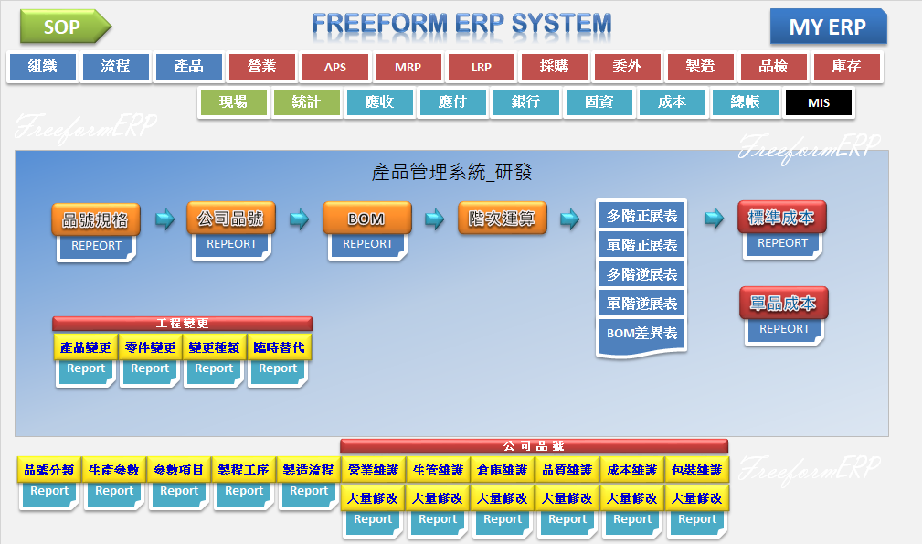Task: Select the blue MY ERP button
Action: (x=827, y=27)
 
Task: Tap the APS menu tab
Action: (x=335, y=68)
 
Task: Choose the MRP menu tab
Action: (x=408, y=68)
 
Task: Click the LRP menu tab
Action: (x=482, y=68)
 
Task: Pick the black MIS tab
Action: (x=818, y=102)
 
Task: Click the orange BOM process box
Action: (x=366, y=219)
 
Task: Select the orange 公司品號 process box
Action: (x=230, y=219)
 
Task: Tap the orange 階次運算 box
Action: (x=502, y=219)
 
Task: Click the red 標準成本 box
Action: (x=781, y=218)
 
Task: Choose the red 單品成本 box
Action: (x=783, y=304)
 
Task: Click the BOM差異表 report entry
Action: (x=641, y=334)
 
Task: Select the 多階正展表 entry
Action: (x=641, y=216)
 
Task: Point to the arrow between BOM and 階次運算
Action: (x=435, y=219)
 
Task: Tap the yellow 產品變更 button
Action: (x=86, y=347)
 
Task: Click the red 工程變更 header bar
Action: (x=183, y=323)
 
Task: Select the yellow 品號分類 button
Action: (x=49, y=470)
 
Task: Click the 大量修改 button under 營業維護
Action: (x=373, y=498)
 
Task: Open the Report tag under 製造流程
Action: (x=309, y=492)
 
